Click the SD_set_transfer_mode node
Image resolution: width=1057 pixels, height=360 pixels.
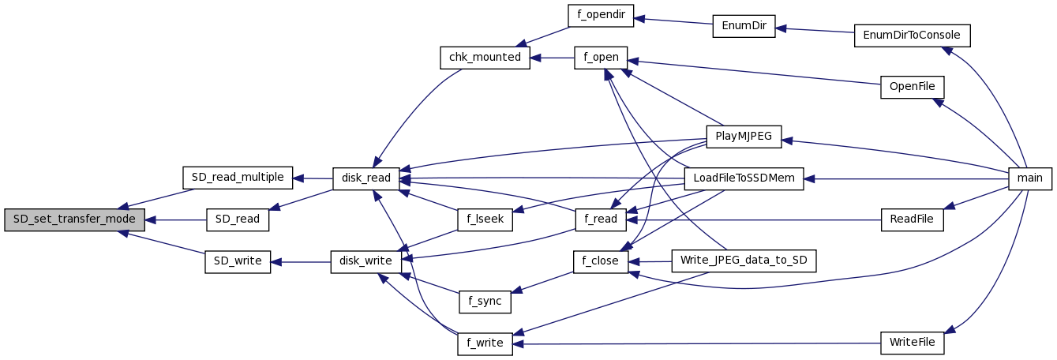pyautogui.click(x=74, y=219)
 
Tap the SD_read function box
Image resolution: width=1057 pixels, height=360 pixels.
pyautogui.click(x=238, y=219)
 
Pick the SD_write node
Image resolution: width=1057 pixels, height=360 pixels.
pyautogui.click(x=238, y=262)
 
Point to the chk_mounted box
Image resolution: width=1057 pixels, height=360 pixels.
pyautogui.click(x=485, y=58)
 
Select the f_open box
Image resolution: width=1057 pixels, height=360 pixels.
pyautogui.click(x=601, y=58)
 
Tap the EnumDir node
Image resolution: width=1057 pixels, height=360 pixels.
pyautogui.click(x=743, y=25)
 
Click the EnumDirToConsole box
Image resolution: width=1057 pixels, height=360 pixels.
pyautogui.click(x=912, y=36)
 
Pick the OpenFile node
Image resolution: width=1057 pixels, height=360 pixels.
pyautogui.click(x=912, y=87)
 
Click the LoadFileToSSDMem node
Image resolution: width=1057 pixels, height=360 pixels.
pyautogui.click(x=744, y=178)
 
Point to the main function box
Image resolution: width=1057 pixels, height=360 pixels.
pyautogui.click(x=1030, y=178)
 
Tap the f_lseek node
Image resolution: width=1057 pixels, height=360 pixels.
pyautogui.click(x=485, y=220)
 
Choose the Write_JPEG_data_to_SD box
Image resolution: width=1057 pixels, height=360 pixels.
pyautogui.click(x=743, y=261)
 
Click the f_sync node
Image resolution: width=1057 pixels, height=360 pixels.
pyautogui.click(x=485, y=302)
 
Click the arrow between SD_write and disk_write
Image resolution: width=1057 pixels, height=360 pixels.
pyautogui.click(x=301, y=262)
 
